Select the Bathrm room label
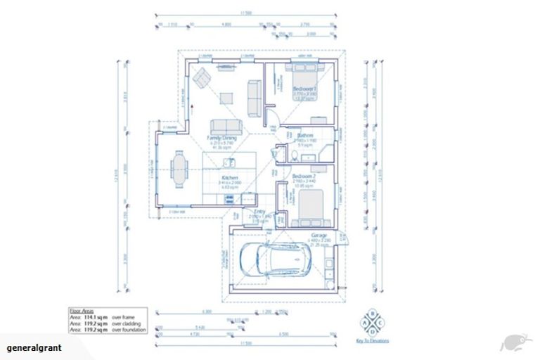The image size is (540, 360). [x=304, y=135]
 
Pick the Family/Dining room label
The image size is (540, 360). [x=221, y=139]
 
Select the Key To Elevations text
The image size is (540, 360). [x=372, y=343]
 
